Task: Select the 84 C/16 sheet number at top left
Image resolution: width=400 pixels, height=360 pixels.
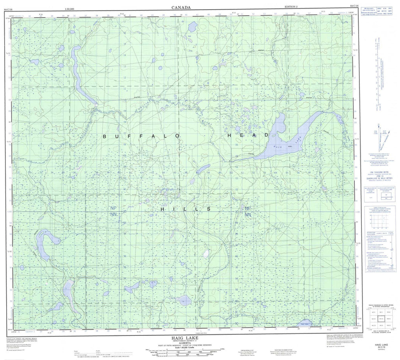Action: (x=7, y=6)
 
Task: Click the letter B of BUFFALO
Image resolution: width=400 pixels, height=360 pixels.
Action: (x=104, y=136)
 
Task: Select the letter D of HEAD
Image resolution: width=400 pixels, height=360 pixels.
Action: (x=266, y=135)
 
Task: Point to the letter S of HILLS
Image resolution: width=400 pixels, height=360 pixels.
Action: (x=209, y=209)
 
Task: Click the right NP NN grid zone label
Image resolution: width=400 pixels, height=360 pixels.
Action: (x=248, y=211)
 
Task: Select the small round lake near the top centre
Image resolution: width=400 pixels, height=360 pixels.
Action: (x=192, y=27)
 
